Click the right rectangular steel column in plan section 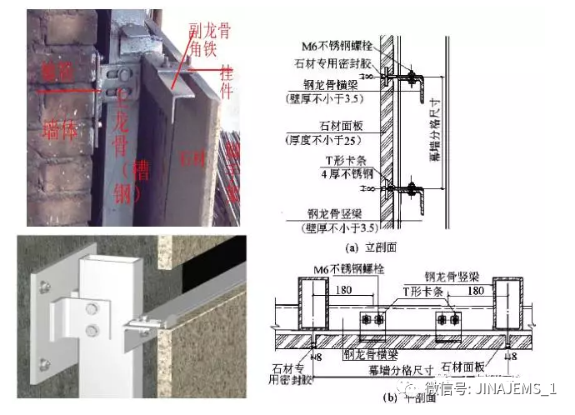tap(511, 305)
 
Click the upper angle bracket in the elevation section tap(417, 80)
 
